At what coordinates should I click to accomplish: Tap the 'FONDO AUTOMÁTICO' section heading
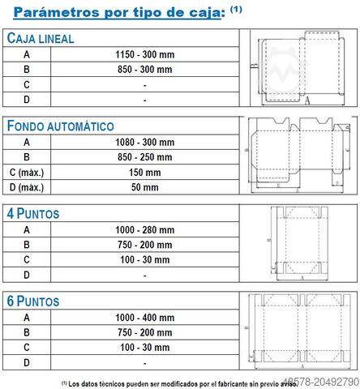tap(71, 126)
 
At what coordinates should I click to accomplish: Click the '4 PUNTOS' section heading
tap(45, 215)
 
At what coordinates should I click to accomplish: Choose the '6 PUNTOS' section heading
tap(45, 301)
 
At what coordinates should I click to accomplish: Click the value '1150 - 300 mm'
tap(145, 54)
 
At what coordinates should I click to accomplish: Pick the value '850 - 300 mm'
tap(145, 70)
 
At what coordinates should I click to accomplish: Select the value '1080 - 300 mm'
tap(145, 143)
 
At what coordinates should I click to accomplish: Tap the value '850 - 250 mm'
tap(145, 157)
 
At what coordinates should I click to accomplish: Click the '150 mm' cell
tap(145, 173)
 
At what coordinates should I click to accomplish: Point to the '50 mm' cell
tap(145, 188)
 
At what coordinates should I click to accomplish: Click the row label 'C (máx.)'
tap(26, 173)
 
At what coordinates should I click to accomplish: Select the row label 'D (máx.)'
tap(26, 188)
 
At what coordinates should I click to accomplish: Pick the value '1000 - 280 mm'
tap(145, 230)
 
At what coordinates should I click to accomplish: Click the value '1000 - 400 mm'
tap(145, 318)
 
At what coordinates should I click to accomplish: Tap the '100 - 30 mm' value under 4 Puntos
tap(145, 260)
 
